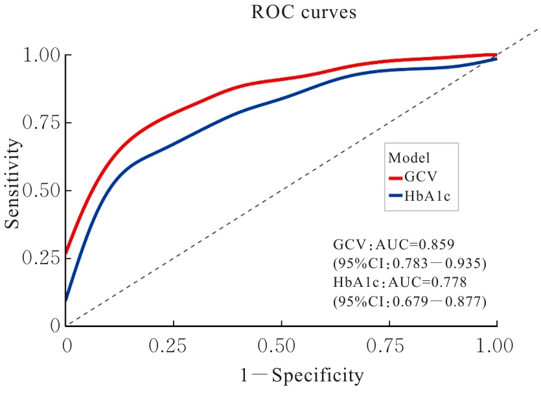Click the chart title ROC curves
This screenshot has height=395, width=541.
tap(303, 13)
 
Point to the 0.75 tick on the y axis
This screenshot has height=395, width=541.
tap(41, 122)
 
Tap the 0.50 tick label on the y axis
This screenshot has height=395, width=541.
tap(41, 190)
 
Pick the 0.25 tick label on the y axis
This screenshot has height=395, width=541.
tap(41, 258)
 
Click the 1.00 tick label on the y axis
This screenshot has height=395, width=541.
tap(41, 55)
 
